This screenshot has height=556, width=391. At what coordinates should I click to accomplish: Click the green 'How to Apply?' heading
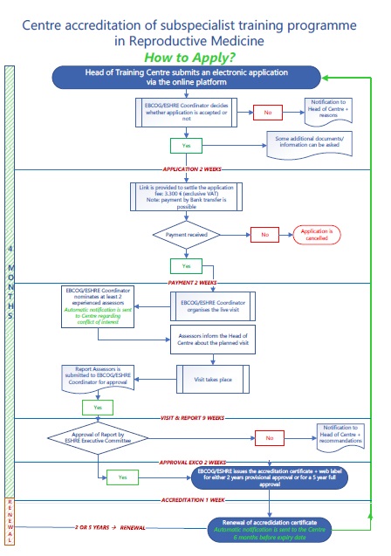pos(195,57)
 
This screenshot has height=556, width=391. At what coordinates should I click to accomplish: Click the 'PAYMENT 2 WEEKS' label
pos(196,282)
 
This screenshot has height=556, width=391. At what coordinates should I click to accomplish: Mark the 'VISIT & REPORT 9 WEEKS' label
pos(196,418)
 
